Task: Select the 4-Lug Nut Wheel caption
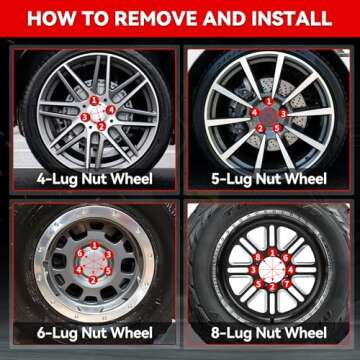coord(94,179)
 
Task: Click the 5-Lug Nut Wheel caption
coord(269,179)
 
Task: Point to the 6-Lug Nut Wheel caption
coord(94,333)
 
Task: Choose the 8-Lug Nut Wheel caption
coord(269,333)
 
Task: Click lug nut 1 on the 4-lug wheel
coord(94,100)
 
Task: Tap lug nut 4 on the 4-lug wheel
coord(111,109)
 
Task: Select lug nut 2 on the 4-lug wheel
coord(101,126)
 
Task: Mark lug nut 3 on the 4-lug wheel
coord(85,117)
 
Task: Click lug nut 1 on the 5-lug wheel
coord(269,101)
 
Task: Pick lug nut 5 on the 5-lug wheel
coord(277,128)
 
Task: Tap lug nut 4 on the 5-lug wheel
coord(255,113)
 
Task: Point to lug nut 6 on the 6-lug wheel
coord(79,254)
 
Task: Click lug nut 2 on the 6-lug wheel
coord(93,280)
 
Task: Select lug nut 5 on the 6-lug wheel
coord(108,271)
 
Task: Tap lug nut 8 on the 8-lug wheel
coord(258,257)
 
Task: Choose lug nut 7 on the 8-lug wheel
coord(286,284)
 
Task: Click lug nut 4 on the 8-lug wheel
coord(291,270)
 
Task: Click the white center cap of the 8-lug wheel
coord(272,270)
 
